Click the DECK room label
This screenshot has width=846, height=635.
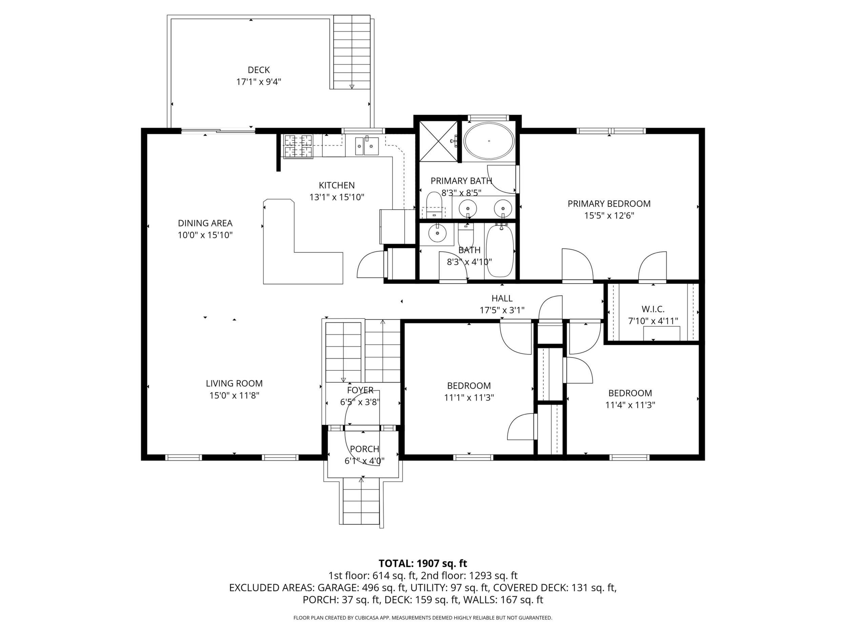[x=259, y=70]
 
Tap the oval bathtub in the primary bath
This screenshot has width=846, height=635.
[x=489, y=141]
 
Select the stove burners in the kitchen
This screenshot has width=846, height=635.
[x=298, y=146]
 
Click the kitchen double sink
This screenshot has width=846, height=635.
[x=367, y=146]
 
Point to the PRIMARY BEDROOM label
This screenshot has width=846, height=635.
[x=609, y=204]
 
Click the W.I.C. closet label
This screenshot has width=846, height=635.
[x=653, y=309]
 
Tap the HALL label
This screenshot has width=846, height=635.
[x=502, y=298]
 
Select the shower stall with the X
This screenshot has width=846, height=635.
[x=438, y=141]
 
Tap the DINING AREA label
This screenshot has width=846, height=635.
[x=205, y=223]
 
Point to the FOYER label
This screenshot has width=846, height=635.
[x=360, y=390]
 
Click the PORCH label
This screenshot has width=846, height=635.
[x=364, y=449]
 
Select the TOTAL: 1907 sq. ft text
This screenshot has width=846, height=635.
[x=423, y=563]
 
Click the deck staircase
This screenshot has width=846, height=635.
[x=352, y=52]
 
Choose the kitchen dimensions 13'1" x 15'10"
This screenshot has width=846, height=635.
[x=337, y=197]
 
